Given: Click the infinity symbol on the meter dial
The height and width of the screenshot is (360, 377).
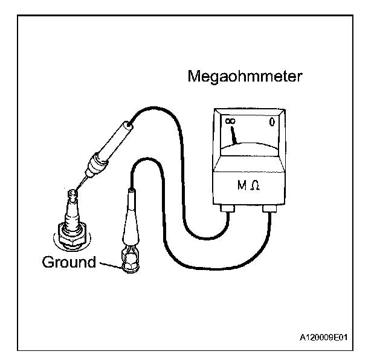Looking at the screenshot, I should click(x=230, y=123).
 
